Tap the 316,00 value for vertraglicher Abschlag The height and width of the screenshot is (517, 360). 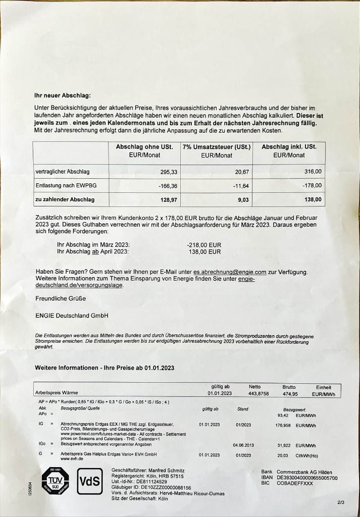coord(312,172)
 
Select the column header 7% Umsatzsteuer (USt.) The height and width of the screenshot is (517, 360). coord(216,147)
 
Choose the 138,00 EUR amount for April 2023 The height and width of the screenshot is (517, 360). coord(204,251)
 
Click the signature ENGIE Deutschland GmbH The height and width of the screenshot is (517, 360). coord(72,316)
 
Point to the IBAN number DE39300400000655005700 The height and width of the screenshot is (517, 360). coord(307,477)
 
